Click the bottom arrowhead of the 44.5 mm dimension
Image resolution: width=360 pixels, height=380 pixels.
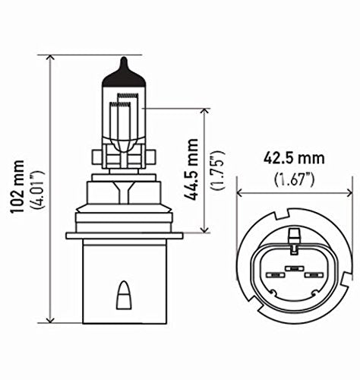(x=204, y=230)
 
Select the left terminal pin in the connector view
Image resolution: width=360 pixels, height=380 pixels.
(x=270, y=276)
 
